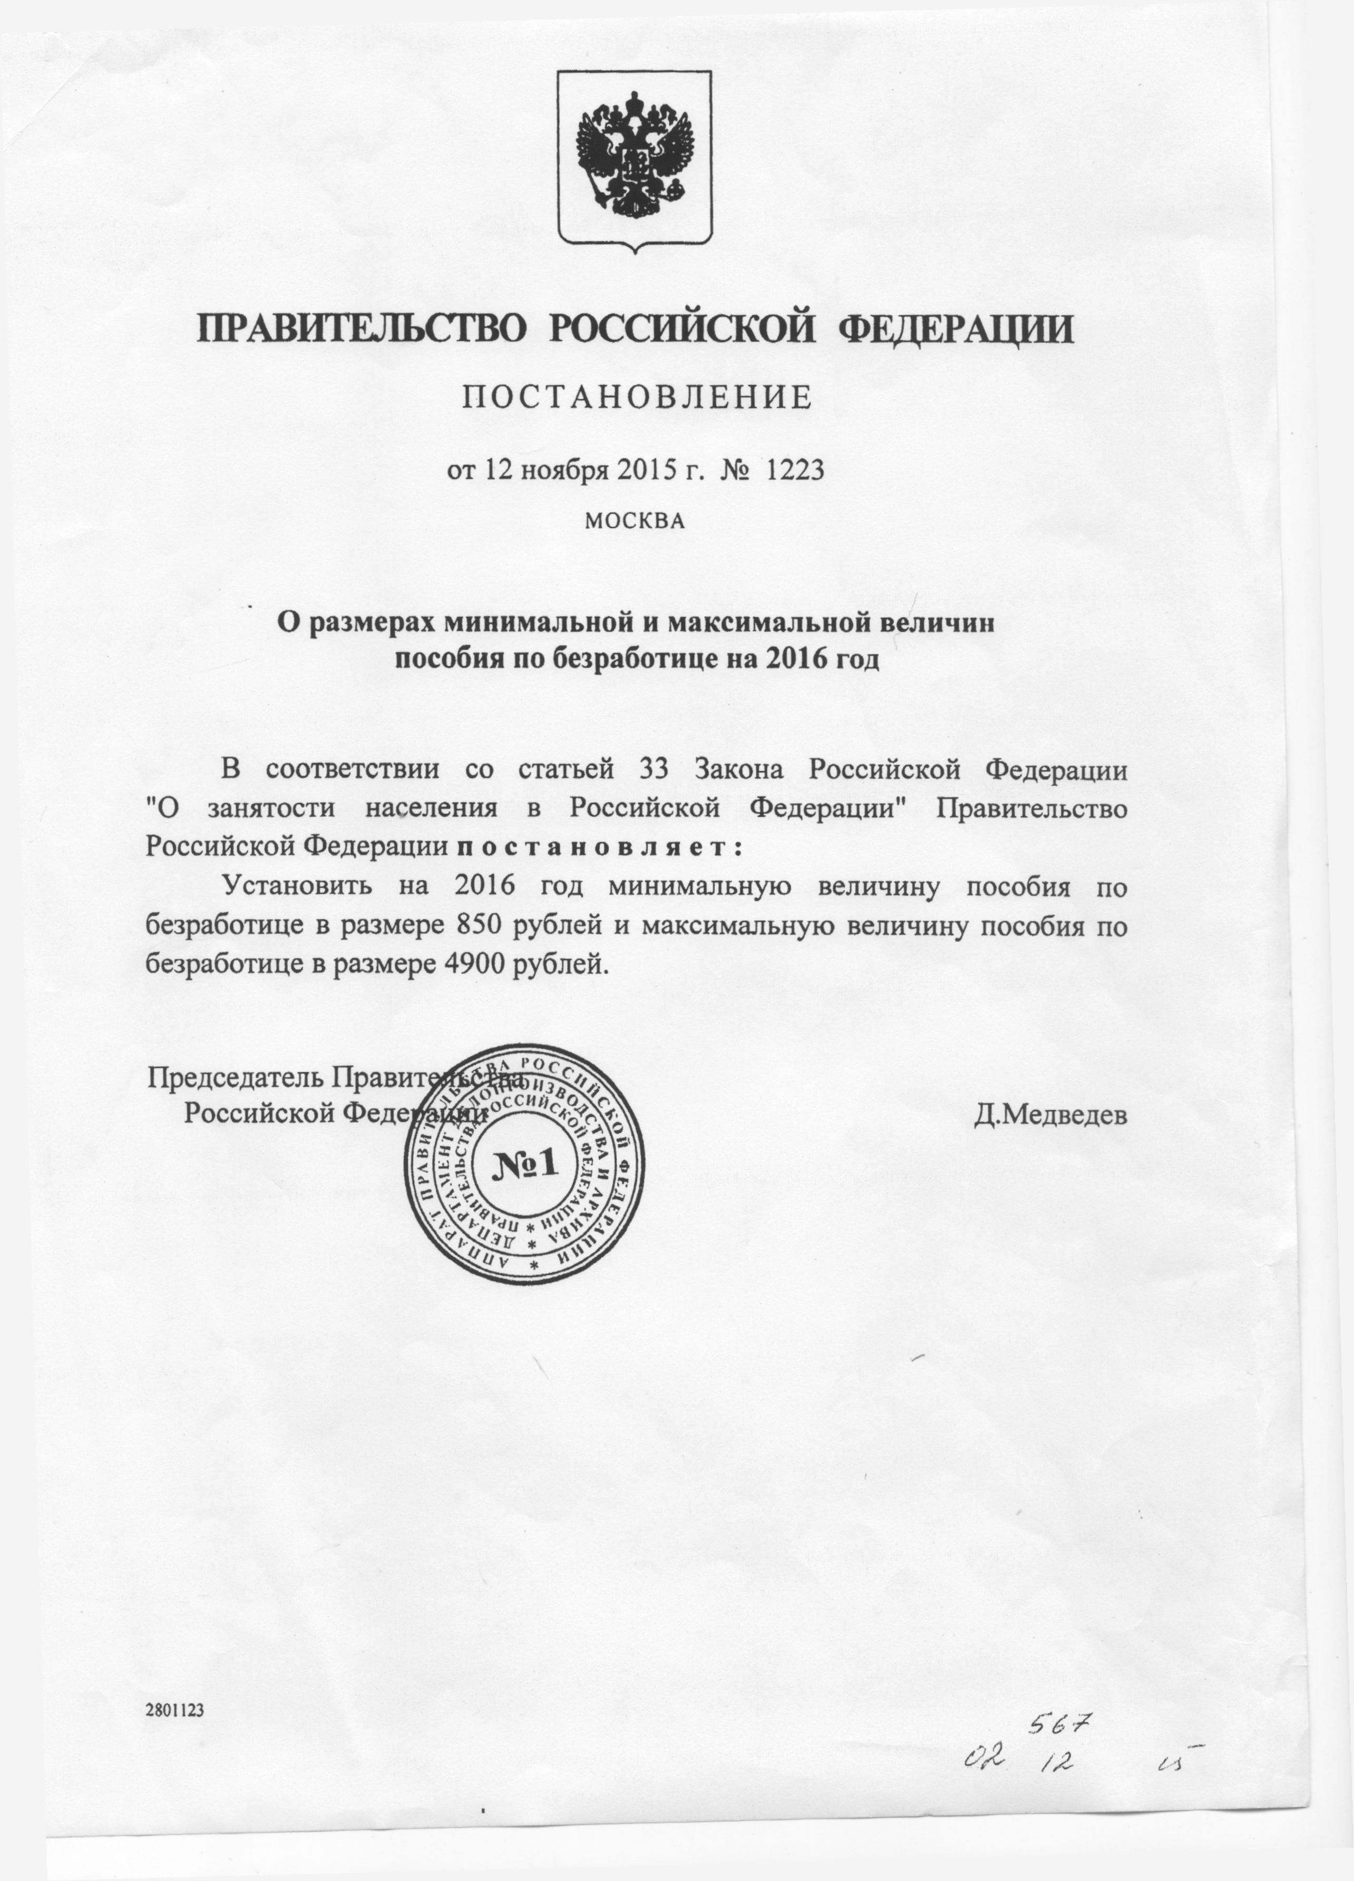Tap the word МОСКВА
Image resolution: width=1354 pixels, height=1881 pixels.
[x=635, y=521]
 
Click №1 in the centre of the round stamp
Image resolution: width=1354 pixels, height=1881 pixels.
[x=525, y=1164]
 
